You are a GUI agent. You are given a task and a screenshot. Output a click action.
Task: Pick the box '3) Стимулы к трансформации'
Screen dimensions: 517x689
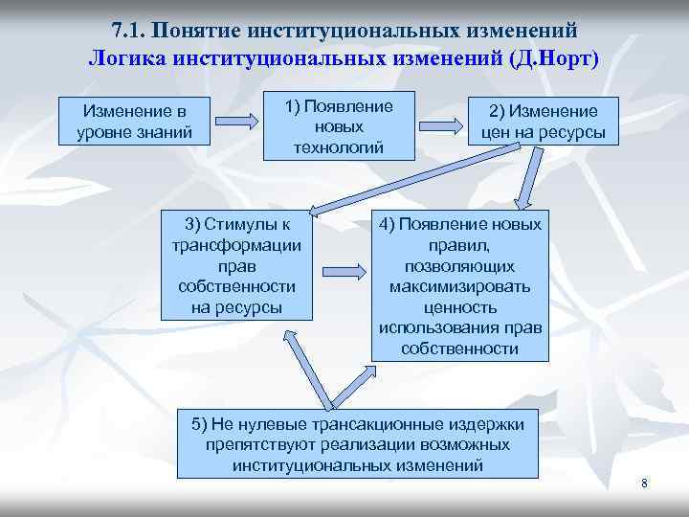tap(236, 265)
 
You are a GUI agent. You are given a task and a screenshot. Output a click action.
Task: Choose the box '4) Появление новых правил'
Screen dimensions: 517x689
tap(460, 286)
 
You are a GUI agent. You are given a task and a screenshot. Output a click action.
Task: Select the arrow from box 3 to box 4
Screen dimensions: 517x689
tap(344, 265)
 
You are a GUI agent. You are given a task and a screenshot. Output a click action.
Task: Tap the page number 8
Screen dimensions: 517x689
tap(644, 483)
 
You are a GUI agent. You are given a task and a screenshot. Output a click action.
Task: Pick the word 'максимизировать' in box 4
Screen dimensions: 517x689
tap(460, 286)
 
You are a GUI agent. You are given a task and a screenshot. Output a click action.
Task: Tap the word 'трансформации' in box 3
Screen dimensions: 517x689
tap(236, 244)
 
